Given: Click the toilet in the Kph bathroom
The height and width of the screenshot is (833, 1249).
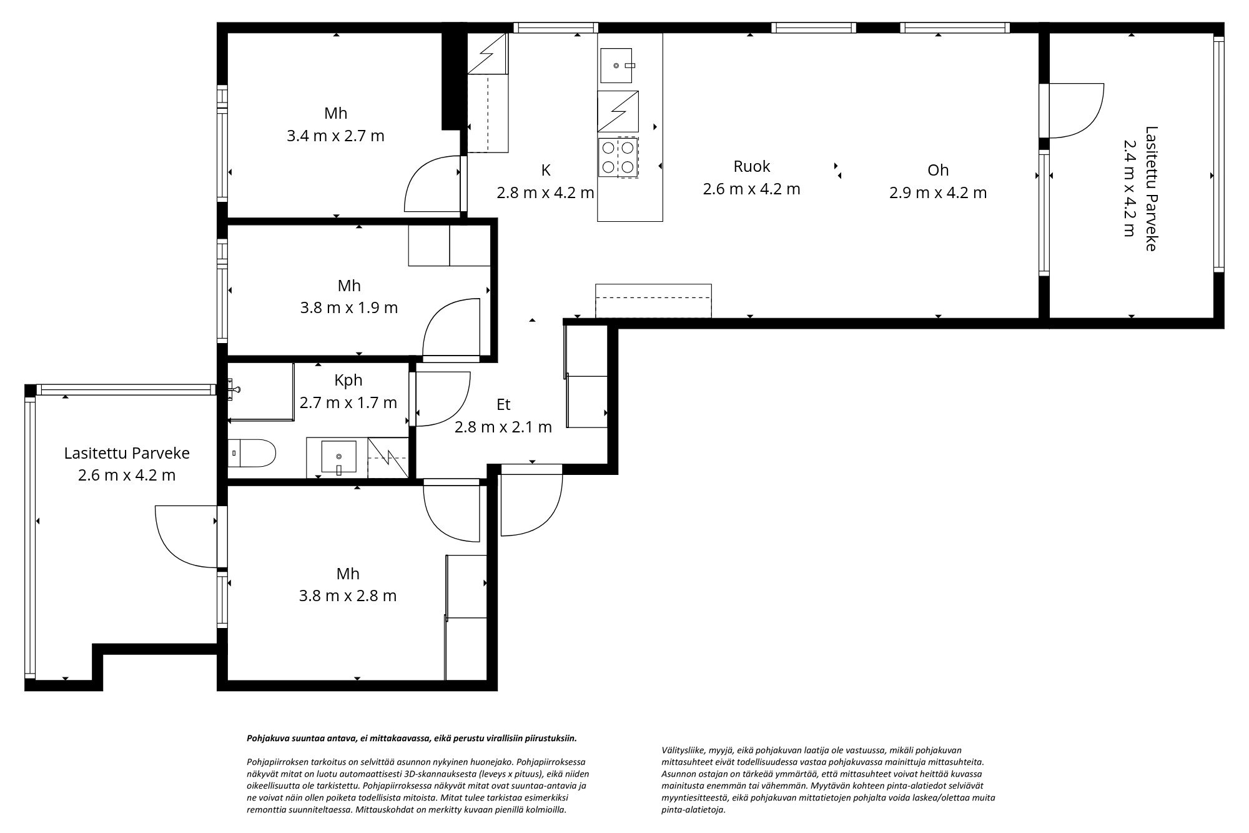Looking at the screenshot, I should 252,453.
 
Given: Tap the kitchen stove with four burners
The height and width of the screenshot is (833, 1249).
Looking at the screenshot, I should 618,157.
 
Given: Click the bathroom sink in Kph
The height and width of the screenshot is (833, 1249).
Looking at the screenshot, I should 338,457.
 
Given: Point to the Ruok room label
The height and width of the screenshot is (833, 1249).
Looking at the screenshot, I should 751,166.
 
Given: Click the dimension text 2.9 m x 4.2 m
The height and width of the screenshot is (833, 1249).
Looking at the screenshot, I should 937,192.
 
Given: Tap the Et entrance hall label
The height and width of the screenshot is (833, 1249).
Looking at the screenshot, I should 503,404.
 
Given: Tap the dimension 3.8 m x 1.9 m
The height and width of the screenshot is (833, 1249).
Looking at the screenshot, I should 349,307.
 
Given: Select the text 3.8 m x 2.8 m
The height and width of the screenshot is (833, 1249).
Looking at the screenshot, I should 348,596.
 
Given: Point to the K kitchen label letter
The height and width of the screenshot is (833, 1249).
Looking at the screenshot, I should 546,170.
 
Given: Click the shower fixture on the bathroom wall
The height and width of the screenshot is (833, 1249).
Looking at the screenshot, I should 234,388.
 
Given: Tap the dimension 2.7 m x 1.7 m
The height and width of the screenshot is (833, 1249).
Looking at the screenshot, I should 348,402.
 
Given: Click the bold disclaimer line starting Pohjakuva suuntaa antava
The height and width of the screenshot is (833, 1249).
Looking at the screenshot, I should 412,738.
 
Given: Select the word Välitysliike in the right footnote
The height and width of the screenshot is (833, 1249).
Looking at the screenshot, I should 679,750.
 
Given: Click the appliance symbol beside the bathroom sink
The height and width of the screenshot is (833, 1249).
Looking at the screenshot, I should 387,459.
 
